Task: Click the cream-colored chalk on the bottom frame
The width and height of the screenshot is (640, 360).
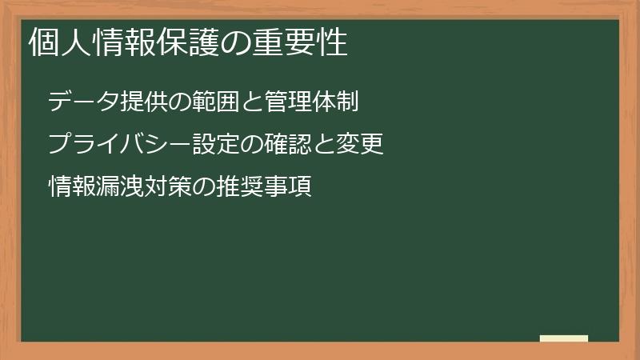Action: (x=564, y=338)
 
